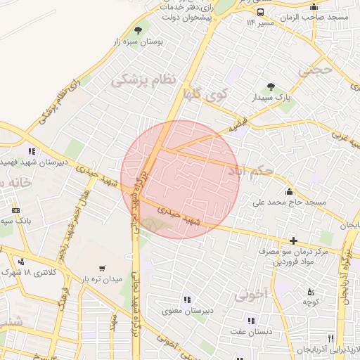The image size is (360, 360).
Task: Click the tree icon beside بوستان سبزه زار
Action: point(137,30)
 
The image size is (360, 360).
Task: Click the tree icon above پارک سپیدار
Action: point(271,86)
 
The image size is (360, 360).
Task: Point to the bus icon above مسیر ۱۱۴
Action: point(261,12)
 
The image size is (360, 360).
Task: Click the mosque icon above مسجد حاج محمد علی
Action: point(289,191)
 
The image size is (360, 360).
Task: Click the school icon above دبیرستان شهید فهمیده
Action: point(32,150)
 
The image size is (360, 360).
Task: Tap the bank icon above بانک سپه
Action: point(15,210)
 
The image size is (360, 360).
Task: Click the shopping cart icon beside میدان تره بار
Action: point(103,269)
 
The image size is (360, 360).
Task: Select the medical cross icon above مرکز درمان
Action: point(293,240)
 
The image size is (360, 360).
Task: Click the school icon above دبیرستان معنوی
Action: point(186,299)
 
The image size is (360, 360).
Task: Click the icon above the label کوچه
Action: point(311,292)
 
